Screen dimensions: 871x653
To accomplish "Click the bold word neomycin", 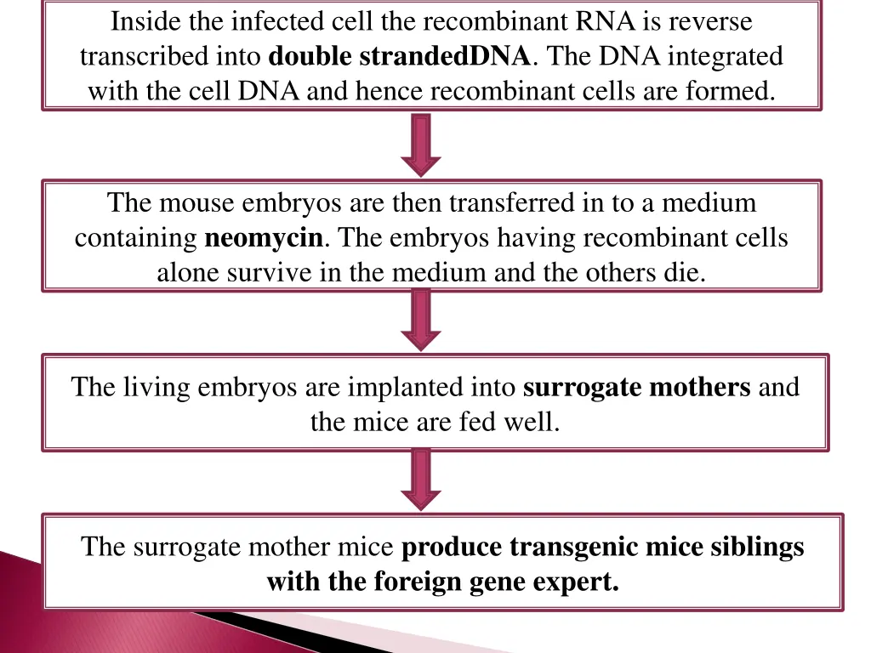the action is point(265,238).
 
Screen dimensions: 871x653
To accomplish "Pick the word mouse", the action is point(196,203).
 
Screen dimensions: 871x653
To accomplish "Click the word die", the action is point(688,274).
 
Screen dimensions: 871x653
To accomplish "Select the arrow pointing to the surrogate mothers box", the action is point(421,319).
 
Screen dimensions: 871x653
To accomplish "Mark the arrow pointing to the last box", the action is point(421,479).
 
